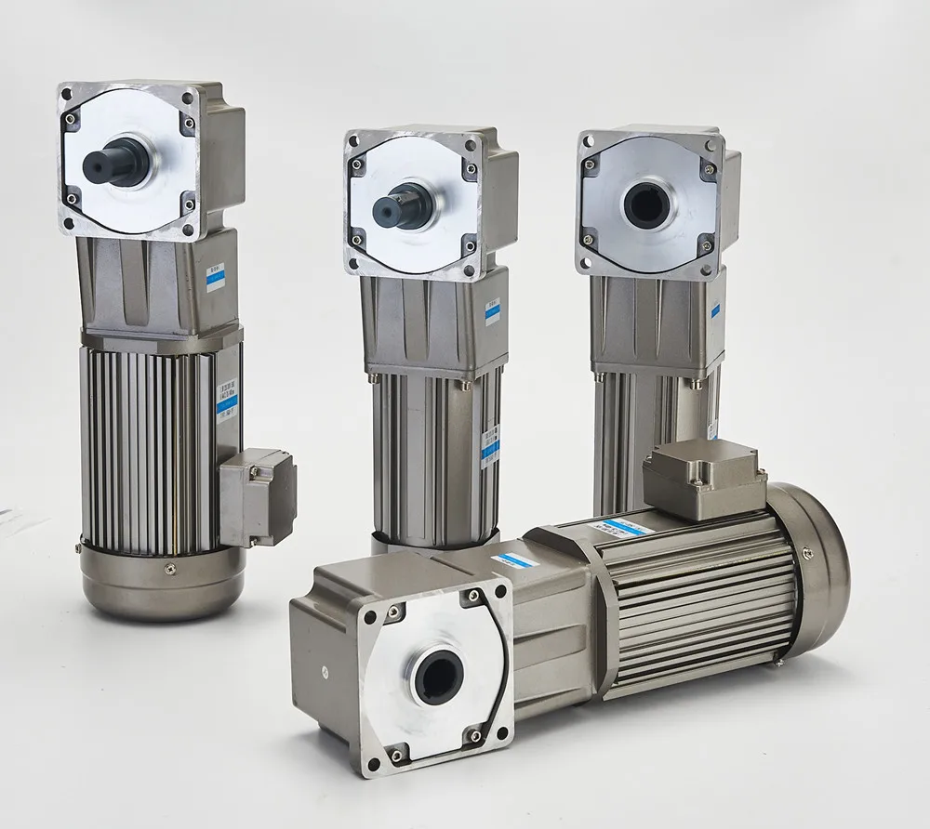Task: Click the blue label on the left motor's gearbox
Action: coord(216,277)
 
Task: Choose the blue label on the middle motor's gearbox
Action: coord(492,310)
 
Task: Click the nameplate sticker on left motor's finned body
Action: coord(226,400)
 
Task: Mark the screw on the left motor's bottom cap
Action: coord(169,569)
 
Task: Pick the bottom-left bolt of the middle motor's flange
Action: coord(356,260)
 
